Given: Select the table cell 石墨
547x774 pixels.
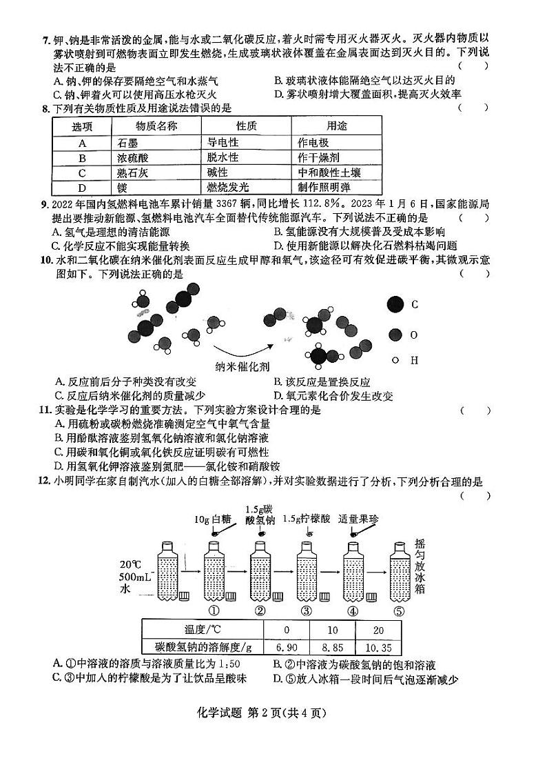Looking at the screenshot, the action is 128,143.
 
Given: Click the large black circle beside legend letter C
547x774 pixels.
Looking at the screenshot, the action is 395,305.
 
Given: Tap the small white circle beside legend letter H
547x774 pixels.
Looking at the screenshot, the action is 395,359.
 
